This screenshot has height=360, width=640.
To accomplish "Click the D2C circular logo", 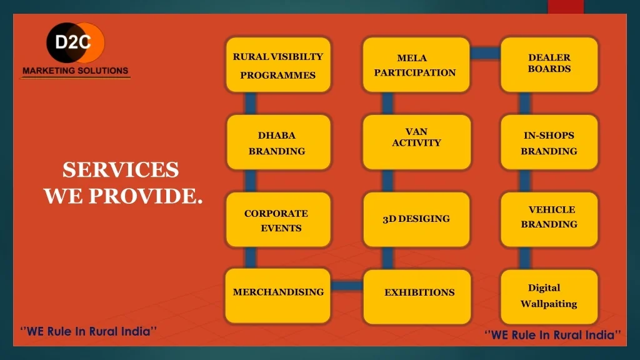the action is pos(76,42).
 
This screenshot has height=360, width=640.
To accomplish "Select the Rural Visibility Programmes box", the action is pos(278,65).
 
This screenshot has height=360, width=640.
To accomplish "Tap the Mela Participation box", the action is pos(416,65).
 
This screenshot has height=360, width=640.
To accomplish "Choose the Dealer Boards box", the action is pos(549,65).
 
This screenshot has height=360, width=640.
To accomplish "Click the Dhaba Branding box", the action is pos(278,142).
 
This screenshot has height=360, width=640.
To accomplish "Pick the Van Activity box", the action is pos(416,142).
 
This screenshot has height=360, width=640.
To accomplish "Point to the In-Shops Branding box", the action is pos(549,142).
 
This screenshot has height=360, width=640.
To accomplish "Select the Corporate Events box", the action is pos(278,219).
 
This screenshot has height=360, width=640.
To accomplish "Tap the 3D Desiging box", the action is pos(416,219).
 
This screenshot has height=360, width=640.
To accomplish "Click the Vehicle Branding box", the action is pos(549,219).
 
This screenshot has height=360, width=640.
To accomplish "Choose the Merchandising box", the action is pos(277,296).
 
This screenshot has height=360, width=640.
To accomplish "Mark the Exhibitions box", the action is pos(417,297).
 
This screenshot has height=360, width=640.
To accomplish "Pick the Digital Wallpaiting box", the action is pos(549,297).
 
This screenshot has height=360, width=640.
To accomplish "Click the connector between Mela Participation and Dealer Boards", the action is pos(485,53).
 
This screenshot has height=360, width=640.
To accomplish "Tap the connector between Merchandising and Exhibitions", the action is pos(347,286).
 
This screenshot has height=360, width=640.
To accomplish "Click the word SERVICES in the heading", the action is pos(121,170).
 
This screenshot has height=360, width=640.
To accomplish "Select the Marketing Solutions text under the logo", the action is pos(76,71).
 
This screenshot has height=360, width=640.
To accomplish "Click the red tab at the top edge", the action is pos(566,7).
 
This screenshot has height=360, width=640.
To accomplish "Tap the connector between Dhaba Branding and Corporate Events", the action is pos(250,181).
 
